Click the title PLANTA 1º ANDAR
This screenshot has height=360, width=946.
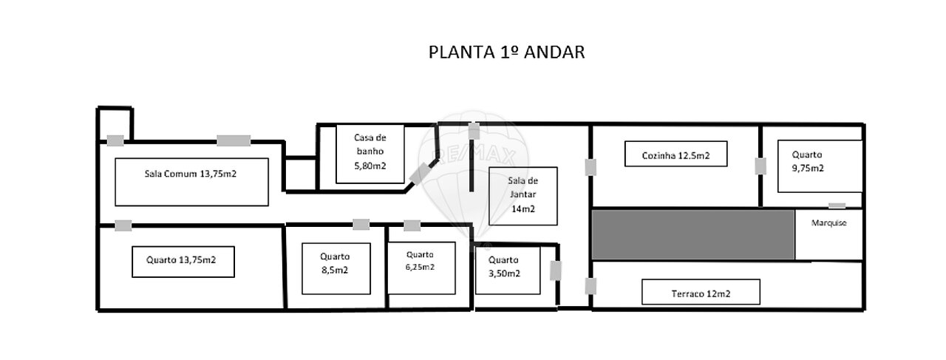(x=506, y=52)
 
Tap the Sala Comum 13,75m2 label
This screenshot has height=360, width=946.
(x=191, y=174)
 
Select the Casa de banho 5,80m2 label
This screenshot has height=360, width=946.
(x=370, y=152)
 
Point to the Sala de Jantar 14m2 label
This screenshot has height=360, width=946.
(x=523, y=195)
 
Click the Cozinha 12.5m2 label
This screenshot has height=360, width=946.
(x=676, y=155)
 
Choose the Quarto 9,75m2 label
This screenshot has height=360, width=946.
(x=808, y=161)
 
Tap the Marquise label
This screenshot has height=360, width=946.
(x=828, y=223)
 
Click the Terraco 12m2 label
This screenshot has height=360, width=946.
(x=701, y=293)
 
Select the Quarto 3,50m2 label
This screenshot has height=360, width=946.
(x=504, y=267)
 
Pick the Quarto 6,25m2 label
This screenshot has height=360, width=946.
(x=420, y=261)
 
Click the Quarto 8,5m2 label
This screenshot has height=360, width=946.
(x=335, y=263)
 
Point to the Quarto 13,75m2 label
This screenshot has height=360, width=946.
(x=181, y=260)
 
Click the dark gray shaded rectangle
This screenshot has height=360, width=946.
(x=693, y=234)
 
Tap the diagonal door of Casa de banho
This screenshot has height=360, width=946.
(x=419, y=174)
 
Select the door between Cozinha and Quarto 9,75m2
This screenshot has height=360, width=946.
(x=760, y=166)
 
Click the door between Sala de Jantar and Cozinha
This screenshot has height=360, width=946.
(x=591, y=167)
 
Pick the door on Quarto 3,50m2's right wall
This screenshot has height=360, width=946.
(x=556, y=271)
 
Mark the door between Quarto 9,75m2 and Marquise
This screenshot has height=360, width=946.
(x=837, y=206)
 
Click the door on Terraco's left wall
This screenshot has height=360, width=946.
(x=591, y=287)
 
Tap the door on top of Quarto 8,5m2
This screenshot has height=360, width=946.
(x=361, y=225)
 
